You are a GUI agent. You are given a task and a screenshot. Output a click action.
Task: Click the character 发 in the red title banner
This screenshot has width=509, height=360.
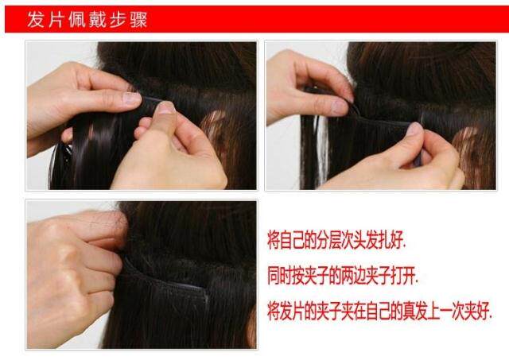36,19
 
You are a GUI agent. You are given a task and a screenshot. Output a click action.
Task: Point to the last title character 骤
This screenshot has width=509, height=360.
142,19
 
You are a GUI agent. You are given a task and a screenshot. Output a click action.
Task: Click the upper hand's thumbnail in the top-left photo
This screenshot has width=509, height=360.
131,99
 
